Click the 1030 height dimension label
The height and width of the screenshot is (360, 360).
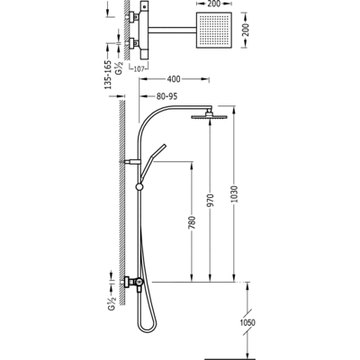point(235,193)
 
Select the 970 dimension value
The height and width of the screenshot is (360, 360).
point(211,201)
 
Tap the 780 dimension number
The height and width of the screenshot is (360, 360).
point(193,222)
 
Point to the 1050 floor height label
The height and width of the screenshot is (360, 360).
point(247,323)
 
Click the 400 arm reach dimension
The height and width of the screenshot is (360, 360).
point(174,79)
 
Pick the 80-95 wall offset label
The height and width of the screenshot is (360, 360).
point(166,96)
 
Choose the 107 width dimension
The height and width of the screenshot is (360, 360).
point(139,68)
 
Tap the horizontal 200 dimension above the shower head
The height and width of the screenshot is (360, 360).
point(213,4)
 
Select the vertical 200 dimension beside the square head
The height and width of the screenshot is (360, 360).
point(246,30)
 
